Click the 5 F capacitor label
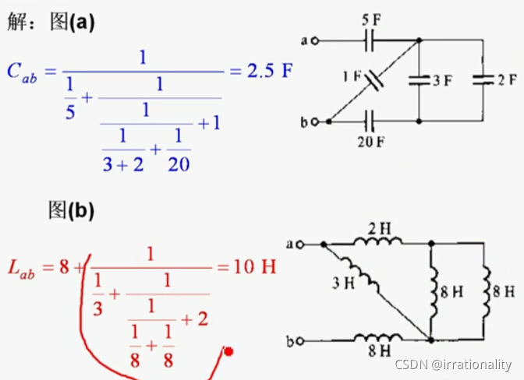pyautogui.click(x=370, y=17)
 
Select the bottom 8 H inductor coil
pyautogui.click(x=377, y=339)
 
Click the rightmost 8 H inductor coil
pyautogui.click(x=486, y=291)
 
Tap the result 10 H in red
pyautogui.click(x=254, y=267)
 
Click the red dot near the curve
pyautogui.click(x=228, y=352)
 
